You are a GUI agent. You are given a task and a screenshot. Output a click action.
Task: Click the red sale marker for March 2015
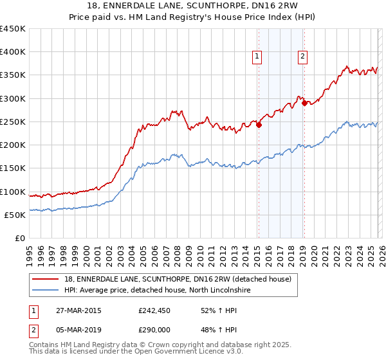point(259,125)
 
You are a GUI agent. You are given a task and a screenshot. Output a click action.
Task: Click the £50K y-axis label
point(15,215)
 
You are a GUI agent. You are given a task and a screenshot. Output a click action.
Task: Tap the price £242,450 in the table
point(154,310)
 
